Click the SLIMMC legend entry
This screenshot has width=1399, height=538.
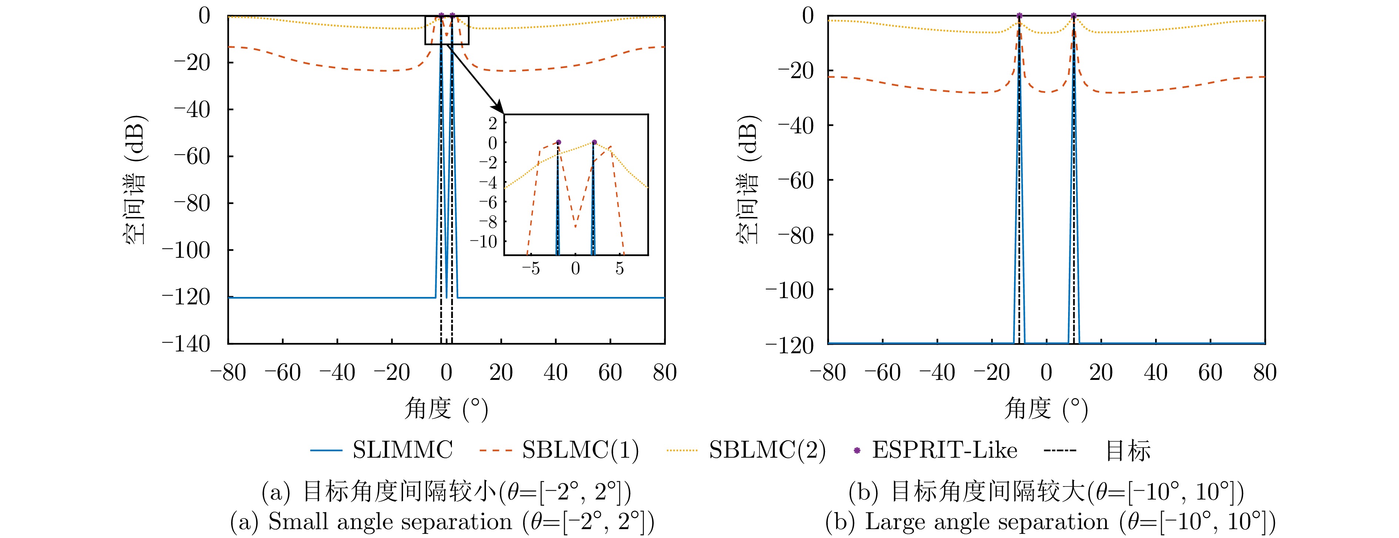click(402, 450)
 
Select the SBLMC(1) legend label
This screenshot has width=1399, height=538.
click(580, 450)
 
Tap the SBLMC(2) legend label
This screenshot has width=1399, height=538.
click(767, 450)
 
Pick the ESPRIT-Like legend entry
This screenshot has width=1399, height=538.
click(944, 450)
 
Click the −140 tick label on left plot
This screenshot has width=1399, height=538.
click(186, 344)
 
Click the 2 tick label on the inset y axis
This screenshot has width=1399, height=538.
click(493, 123)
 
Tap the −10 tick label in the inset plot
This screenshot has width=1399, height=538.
click(483, 241)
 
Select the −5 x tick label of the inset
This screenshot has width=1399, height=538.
click(531, 268)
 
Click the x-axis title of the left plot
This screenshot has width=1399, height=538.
click(446, 409)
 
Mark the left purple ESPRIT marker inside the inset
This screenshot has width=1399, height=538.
click(558, 143)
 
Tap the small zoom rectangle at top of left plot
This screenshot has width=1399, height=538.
click(446, 30)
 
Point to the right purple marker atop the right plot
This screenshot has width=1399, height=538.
click(1074, 16)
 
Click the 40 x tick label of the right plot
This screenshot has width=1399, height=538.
click(1156, 373)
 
